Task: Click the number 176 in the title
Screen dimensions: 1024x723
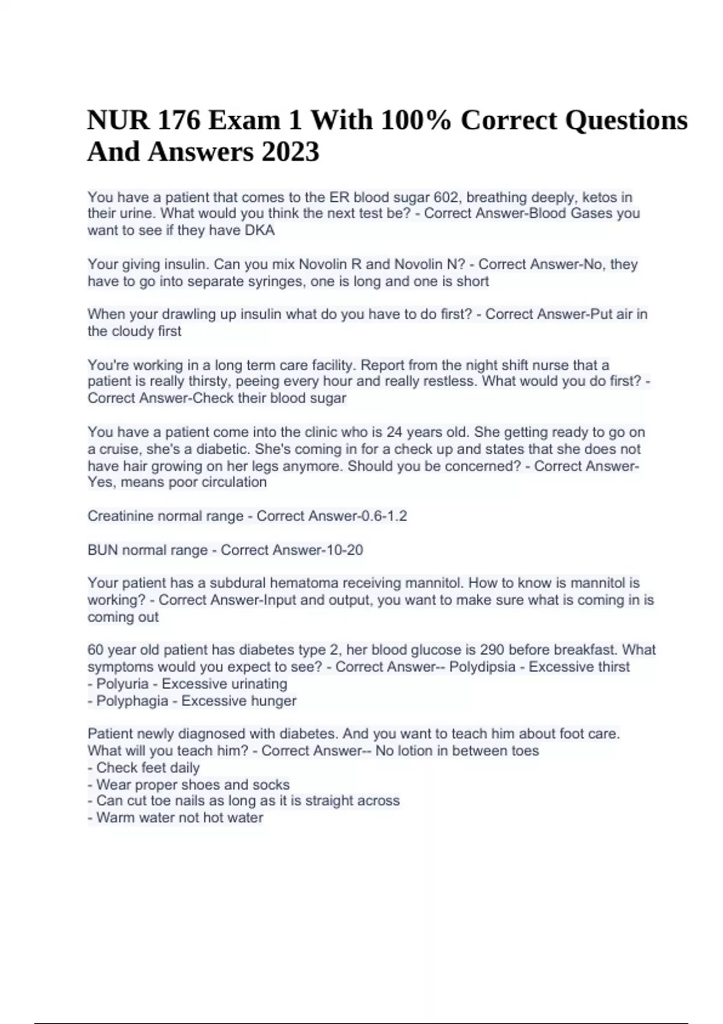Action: click(179, 120)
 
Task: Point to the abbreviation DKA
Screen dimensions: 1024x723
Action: click(260, 230)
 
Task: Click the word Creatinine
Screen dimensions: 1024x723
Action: click(122, 516)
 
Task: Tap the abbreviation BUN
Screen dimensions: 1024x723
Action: click(102, 550)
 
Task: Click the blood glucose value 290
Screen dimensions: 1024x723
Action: click(492, 650)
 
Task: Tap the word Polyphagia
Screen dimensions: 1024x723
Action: click(132, 701)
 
